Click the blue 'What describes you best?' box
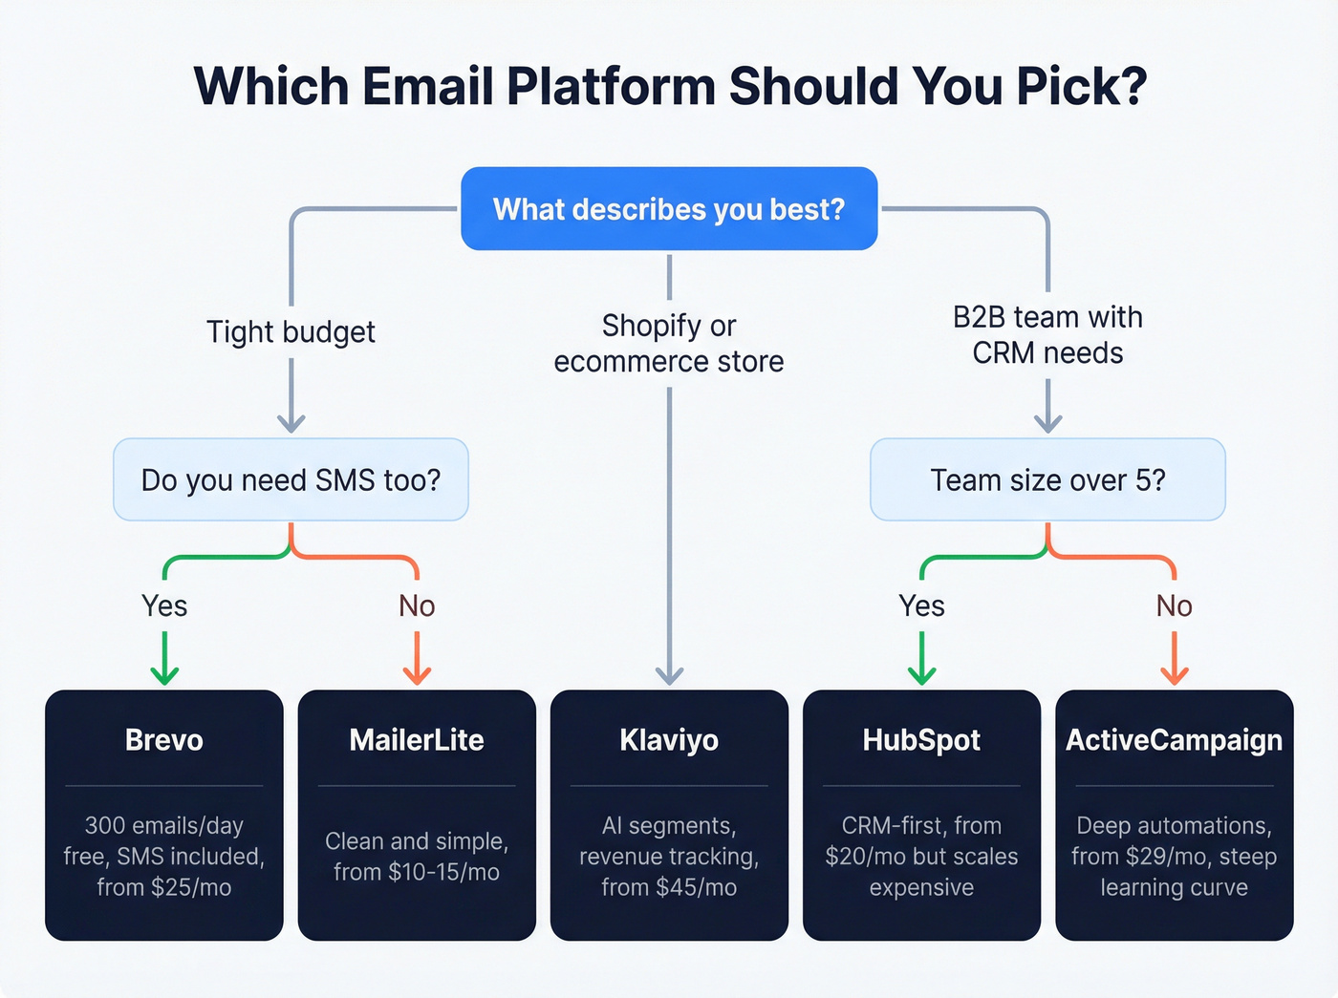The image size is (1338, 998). pyautogui.click(x=669, y=209)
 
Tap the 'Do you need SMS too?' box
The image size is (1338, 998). pyautogui.click(x=291, y=479)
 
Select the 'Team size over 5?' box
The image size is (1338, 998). pyautogui.click(x=1047, y=479)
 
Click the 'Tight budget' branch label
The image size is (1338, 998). pyautogui.click(x=291, y=331)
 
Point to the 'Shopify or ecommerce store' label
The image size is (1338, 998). pyautogui.click(x=669, y=343)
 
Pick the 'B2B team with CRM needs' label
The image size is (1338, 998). pyautogui.click(x=1047, y=334)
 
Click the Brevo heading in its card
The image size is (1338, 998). pyautogui.click(x=164, y=740)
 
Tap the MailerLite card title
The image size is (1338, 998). pyautogui.click(x=417, y=740)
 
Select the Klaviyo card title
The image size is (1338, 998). pyautogui.click(x=669, y=740)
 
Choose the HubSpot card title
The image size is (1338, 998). pyautogui.click(x=921, y=740)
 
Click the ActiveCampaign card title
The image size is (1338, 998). pyautogui.click(x=1174, y=740)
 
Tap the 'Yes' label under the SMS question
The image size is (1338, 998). pyautogui.click(x=164, y=605)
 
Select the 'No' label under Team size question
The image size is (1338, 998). pyautogui.click(x=1174, y=605)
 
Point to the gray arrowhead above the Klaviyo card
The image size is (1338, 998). pyautogui.click(x=669, y=675)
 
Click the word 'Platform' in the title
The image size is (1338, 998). pyautogui.click(x=611, y=86)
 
